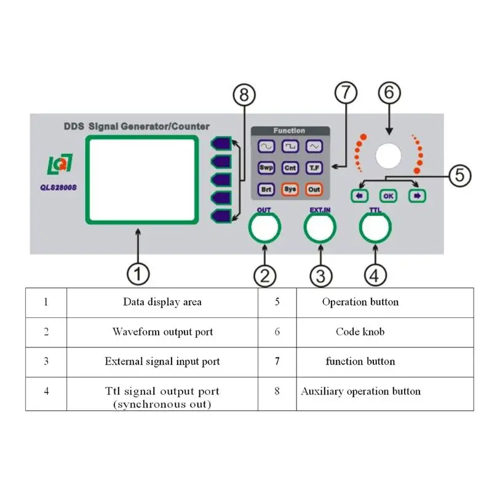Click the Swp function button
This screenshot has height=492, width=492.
[x=266, y=167]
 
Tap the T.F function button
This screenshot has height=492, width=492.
[x=314, y=167]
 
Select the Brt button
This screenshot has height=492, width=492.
[x=266, y=189]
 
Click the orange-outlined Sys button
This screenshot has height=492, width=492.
[x=290, y=189]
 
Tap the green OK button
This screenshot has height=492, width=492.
[x=388, y=196]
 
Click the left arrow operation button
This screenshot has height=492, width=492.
[x=358, y=196]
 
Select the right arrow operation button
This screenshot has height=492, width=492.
[x=418, y=196]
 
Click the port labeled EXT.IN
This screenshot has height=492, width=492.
[x=320, y=228]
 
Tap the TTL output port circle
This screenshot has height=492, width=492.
[x=375, y=228]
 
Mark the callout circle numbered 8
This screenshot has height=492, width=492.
[x=244, y=95]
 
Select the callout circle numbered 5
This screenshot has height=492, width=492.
[x=457, y=176]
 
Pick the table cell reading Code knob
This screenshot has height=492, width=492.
[x=360, y=332]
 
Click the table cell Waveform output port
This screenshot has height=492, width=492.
[x=162, y=332]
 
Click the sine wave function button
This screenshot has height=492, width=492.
[x=266, y=146]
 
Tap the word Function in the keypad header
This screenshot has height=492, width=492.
[x=290, y=130]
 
